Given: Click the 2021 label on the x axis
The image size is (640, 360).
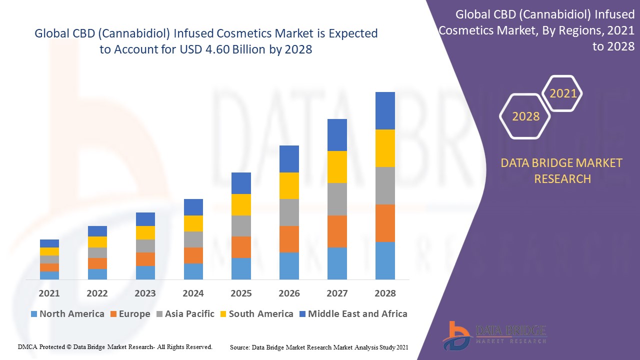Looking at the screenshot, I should [49, 293].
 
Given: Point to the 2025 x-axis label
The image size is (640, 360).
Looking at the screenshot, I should [241, 293].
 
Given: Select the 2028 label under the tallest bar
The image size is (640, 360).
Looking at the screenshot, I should [385, 293].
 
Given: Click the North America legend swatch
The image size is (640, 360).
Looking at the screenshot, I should [34, 314].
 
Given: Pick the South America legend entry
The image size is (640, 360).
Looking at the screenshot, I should [255, 314].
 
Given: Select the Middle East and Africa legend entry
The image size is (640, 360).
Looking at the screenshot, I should [352, 314].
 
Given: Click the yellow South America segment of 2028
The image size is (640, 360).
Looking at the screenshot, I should [385, 148].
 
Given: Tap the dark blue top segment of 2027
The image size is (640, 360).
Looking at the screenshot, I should [337, 135].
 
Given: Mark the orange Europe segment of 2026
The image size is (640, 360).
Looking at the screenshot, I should [289, 239].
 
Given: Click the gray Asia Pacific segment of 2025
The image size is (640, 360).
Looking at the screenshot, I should [241, 225].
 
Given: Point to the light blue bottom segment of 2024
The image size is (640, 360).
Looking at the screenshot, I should [193, 271].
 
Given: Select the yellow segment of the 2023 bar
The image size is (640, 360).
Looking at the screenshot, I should [145, 232].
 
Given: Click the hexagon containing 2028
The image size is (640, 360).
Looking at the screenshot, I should [525, 116].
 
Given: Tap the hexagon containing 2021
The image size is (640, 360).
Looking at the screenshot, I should [562, 93].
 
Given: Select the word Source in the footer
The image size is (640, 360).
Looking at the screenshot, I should [240, 347].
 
